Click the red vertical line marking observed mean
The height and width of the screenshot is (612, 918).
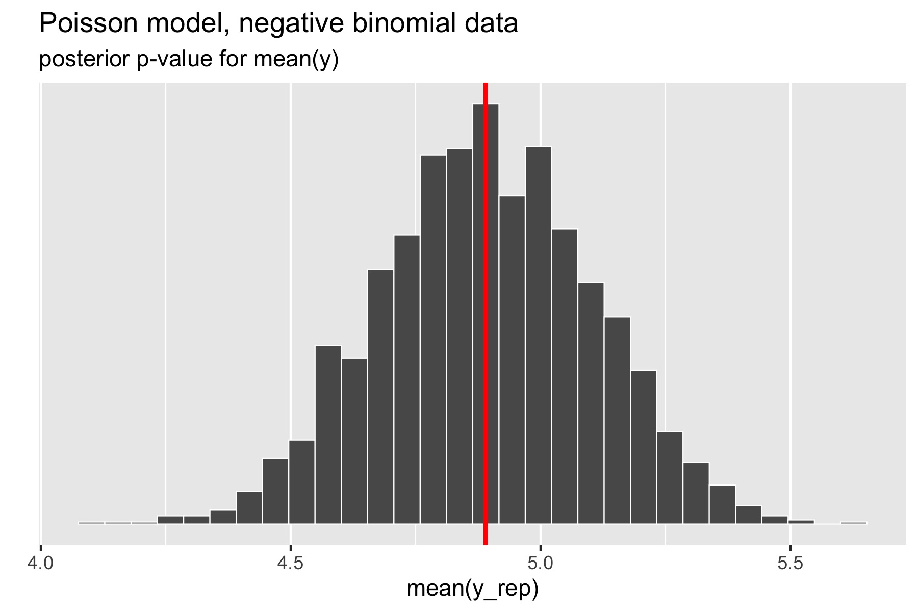pyautogui.click(x=486, y=306)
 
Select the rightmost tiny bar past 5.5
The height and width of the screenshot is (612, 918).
pyautogui.click(x=853, y=522)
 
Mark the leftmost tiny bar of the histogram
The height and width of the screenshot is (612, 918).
pyautogui.click(x=92, y=522)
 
